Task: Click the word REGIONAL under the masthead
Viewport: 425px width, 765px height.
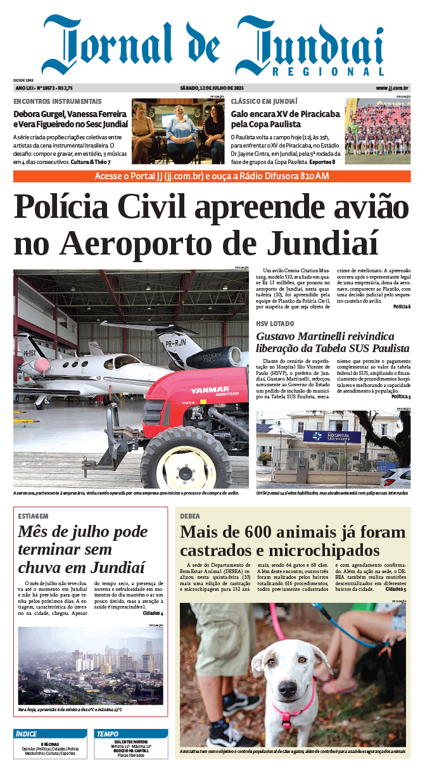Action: [x=329, y=72]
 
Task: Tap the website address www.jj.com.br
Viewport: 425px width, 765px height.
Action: [x=393, y=88]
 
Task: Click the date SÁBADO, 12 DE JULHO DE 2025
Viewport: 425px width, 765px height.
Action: [x=212, y=88]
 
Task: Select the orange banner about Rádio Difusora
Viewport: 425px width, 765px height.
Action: [x=212, y=176]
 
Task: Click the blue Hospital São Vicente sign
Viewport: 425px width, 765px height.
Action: [x=322, y=436]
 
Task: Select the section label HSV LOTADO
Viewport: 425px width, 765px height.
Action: [x=275, y=324]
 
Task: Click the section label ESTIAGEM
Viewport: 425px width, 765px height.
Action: [x=33, y=516]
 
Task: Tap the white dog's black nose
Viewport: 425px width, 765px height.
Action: [x=287, y=688]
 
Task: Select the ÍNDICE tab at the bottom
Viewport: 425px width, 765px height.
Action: [x=27, y=734]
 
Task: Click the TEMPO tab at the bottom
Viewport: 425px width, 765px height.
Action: [x=107, y=734]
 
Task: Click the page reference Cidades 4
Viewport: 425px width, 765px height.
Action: [x=153, y=614]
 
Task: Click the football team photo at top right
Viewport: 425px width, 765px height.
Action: [x=377, y=131]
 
